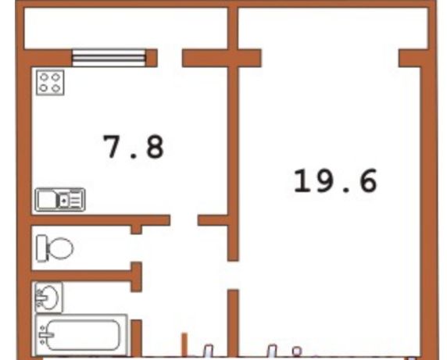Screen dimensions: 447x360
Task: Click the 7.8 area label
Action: (x=134, y=146)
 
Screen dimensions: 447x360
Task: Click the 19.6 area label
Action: (x=335, y=180)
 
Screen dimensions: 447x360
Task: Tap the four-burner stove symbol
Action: (x=50, y=83)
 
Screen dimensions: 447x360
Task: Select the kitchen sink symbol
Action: (x=60, y=200)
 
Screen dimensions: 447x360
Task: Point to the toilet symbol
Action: (x=55, y=248)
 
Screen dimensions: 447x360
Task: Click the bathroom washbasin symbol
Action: (x=48, y=298)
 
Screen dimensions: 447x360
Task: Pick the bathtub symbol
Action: (x=81, y=335)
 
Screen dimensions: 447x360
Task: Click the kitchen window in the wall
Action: (x=109, y=58)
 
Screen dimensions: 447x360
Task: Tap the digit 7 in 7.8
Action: (x=113, y=146)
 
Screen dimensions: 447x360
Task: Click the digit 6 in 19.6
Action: (x=368, y=180)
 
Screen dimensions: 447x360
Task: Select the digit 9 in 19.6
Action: (x=324, y=180)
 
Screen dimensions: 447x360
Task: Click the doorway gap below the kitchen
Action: (x=184, y=220)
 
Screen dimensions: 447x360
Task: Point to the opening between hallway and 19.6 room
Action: (x=233, y=275)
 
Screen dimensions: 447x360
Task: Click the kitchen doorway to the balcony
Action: (x=170, y=58)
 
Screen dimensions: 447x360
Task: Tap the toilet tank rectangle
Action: (x=41, y=248)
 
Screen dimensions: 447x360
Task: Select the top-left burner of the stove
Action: (x=44, y=77)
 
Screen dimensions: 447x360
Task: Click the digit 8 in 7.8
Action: (x=155, y=146)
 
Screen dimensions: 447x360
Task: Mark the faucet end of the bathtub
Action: (x=45, y=335)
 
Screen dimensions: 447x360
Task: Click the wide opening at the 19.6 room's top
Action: (x=330, y=58)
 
